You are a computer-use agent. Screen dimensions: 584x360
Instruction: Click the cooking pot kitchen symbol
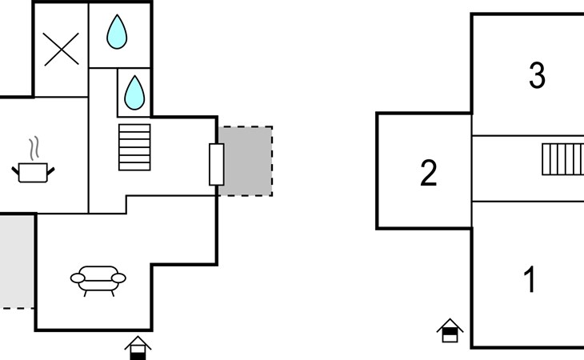(33, 172)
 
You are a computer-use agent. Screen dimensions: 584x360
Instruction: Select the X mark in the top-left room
(61, 49)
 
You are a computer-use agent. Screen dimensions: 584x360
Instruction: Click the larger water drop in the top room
(117, 32)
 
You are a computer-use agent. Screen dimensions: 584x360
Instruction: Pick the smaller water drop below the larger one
(134, 93)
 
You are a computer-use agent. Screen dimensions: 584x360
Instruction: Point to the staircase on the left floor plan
(135, 147)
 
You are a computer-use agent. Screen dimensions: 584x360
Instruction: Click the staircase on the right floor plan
(563, 159)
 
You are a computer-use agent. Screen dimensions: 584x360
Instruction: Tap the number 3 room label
(537, 75)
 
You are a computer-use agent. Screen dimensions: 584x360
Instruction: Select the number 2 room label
(428, 173)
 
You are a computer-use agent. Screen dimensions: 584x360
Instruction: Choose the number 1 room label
(530, 279)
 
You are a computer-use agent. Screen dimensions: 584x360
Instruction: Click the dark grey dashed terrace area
(246, 161)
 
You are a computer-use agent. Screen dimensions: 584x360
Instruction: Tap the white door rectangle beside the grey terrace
(216, 164)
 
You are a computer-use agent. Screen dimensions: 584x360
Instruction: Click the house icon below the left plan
(138, 348)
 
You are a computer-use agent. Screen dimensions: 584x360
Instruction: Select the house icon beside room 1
(450, 330)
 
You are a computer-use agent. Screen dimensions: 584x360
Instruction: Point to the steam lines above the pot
(34, 149)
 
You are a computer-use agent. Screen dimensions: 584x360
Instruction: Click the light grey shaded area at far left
(17, 262)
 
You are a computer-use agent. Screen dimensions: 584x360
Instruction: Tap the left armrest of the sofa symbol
(78, 278)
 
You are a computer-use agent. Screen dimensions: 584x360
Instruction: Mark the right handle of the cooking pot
(50, 171)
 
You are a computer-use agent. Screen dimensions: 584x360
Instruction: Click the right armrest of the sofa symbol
(119, 278)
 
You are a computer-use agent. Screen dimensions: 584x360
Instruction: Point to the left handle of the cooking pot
(16, 171)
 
